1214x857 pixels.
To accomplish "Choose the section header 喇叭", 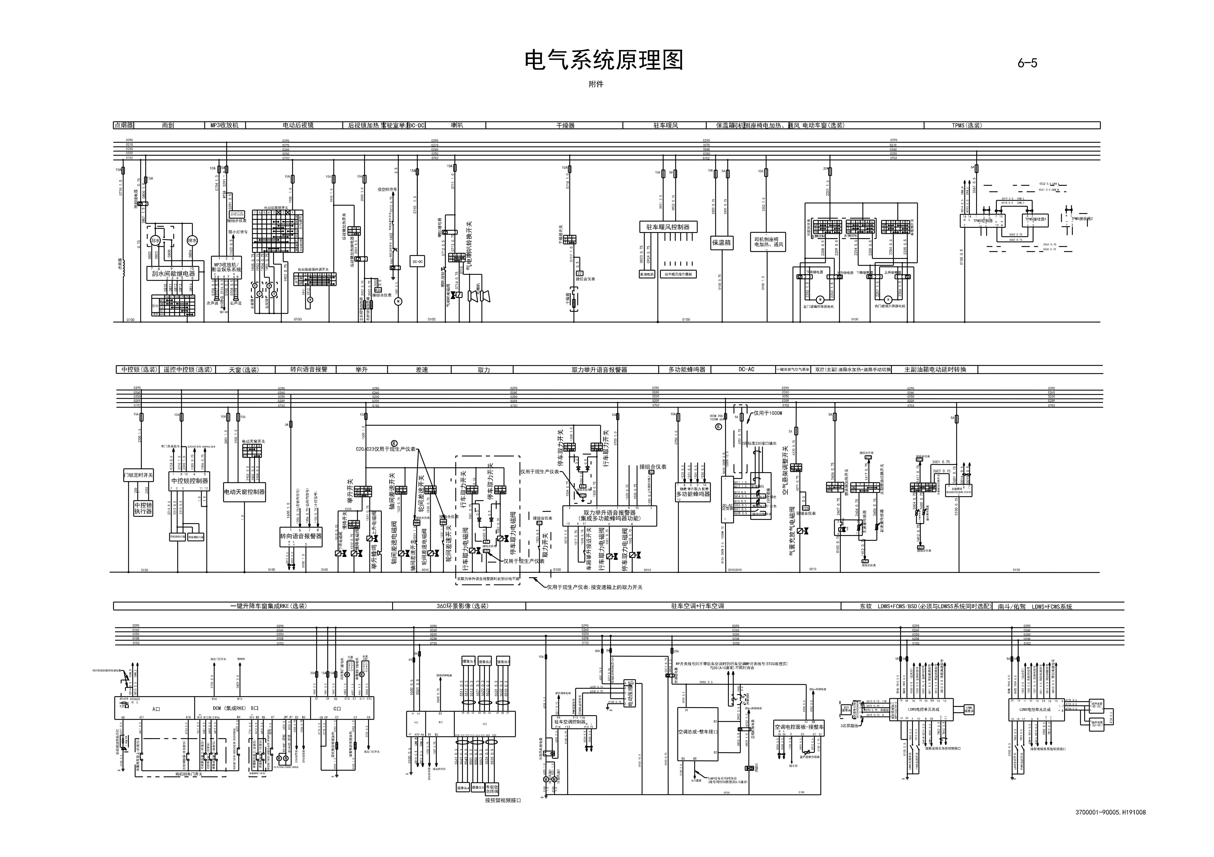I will [x=457, y=125].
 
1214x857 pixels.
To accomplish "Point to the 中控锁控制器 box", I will [x=189, y=481].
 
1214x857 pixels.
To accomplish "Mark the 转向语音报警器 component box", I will [x=301, y=536].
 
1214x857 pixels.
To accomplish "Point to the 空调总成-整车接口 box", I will [x=698, y=732].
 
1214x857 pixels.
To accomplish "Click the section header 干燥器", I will [x=565, y=125].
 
